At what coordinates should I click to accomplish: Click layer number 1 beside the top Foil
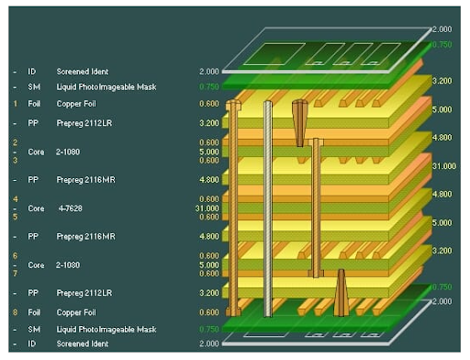(x=15, y=104)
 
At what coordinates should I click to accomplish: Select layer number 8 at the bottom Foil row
(x=15, y=312)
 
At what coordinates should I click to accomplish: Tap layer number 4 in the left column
(x=15, y=198)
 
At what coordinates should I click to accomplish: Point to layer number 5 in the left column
(x=15, y=217)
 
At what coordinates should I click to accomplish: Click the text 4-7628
(x=69, y=208)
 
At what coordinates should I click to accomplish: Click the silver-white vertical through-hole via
(x=268, y=207)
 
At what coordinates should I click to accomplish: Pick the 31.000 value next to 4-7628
(x=207, y=208)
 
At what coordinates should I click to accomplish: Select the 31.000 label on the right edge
(x=444, y=166)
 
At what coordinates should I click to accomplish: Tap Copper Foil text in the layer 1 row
(x=77, y=104)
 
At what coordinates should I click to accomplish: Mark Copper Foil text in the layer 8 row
(x=77, y=312)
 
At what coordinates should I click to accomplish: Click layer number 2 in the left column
(x=15, y=142)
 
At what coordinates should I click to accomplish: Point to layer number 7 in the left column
(x=15, y=274)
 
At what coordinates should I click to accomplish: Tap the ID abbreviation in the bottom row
(x=34, y=343)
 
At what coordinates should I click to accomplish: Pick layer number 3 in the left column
(x=15, y=161)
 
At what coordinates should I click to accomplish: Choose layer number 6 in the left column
(x=15, y=255)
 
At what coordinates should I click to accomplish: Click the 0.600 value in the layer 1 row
(x=209, y=104)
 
